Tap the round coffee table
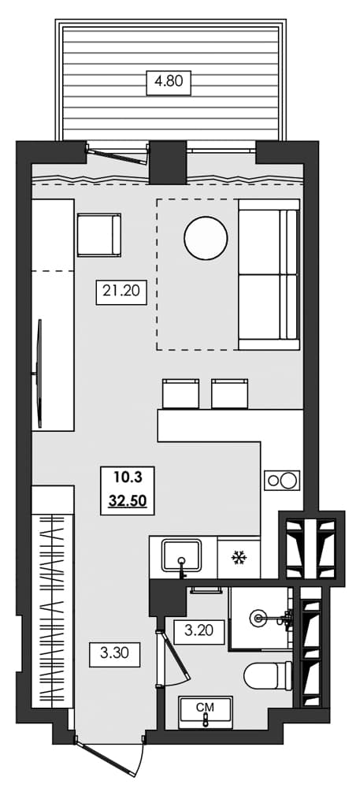(x=206, y=236)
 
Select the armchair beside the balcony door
(x=98, y=235)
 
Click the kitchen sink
(x=183, y=556)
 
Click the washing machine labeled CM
(x=206, y=711)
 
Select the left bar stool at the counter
(x=181, y=393)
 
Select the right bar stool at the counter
(x=231, y=393)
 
